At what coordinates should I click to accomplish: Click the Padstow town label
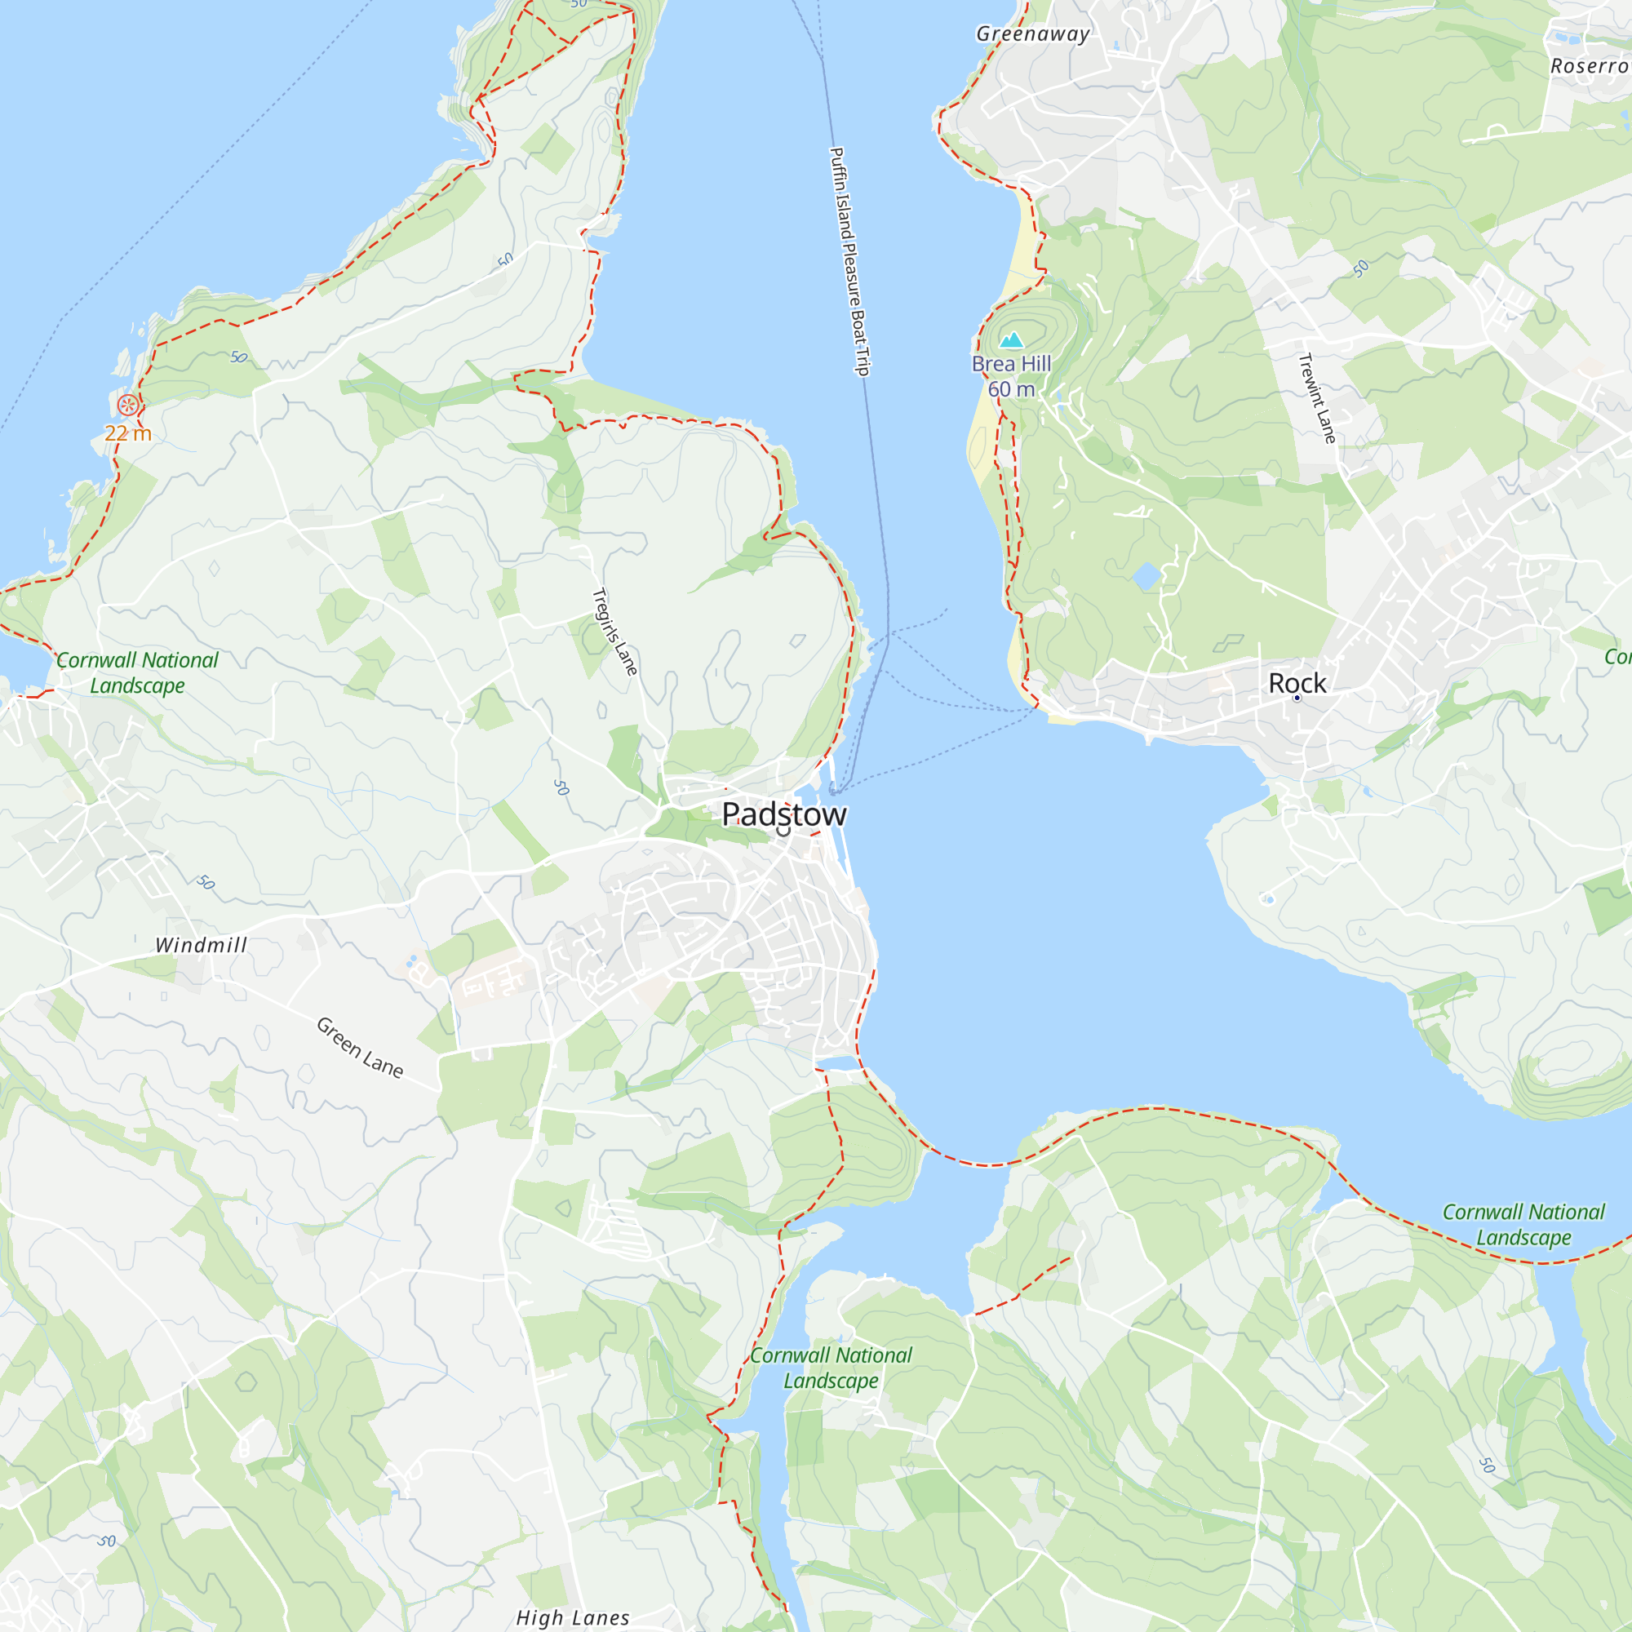click(783, 814)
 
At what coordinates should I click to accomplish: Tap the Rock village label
click(1297, 682)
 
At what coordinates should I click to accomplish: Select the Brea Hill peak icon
click(1011, 340)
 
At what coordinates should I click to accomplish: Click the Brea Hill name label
click(1011, 364)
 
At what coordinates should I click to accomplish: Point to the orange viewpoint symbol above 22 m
click(127, 406)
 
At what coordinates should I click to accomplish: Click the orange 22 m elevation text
click(127, 433)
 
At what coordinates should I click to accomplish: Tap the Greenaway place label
click(1032, 33)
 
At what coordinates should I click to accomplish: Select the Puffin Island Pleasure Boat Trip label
click(849, 261)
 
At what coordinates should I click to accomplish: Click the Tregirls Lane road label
click(614, 631)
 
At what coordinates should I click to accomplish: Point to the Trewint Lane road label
click(1317, 398)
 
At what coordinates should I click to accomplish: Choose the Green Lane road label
click(360, 1048)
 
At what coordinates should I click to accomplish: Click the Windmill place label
click(201, 945)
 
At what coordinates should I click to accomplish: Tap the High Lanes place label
click(573, 1617)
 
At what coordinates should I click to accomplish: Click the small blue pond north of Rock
click(1146, 577)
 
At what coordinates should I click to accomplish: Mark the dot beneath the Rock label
click(1297, 698)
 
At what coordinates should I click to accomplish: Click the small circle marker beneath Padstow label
click(783, 832)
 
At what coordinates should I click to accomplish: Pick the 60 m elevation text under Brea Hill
click(1011, 389)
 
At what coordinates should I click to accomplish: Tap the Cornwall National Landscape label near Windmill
click(138, 672)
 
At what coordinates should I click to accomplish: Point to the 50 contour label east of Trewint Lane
click(1360, 269)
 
